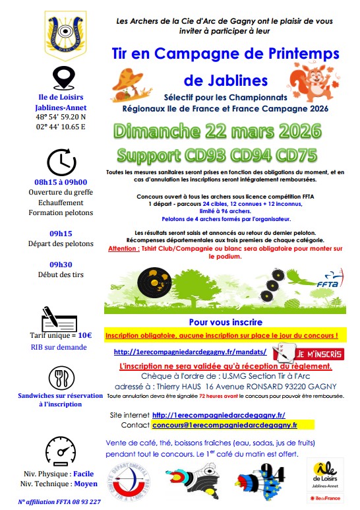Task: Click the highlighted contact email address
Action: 225,426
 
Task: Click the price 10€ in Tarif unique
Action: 85,335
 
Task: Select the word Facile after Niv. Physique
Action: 84,474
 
